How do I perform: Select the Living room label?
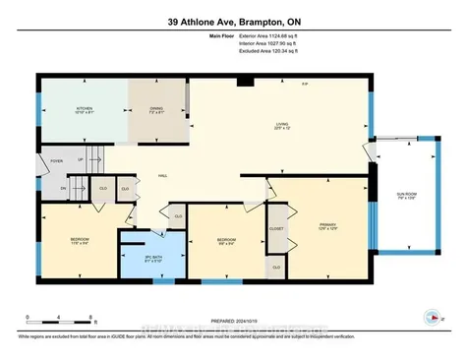pos(281,125)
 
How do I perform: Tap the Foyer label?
pos(57,160)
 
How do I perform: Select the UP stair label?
pos(80,157)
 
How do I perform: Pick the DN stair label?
pos(62,187)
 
